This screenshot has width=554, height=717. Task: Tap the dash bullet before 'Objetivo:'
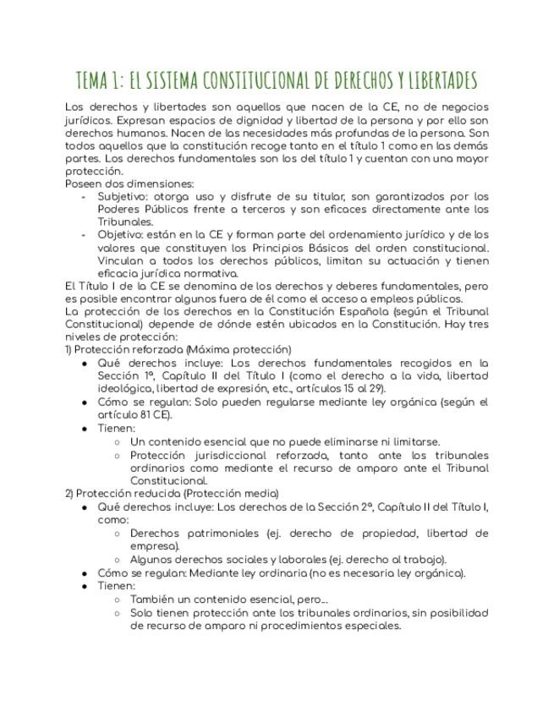(84, 234)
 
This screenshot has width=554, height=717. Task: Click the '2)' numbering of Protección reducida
(69, 493)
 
